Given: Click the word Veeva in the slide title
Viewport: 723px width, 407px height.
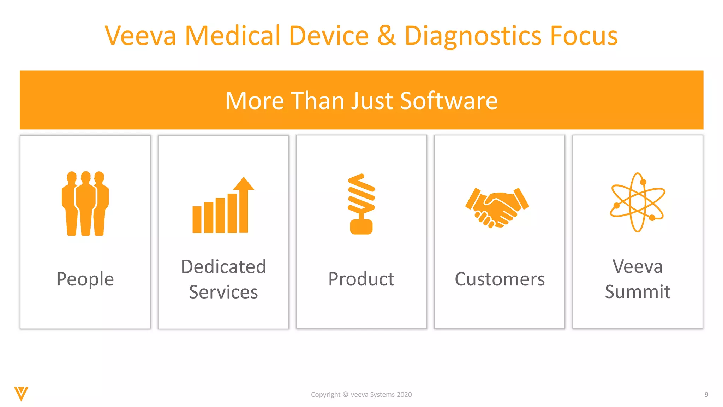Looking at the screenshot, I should click(141, 36).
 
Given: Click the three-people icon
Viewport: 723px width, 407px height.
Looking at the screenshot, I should click(85, 203).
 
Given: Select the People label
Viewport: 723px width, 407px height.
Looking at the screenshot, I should click(85, 279).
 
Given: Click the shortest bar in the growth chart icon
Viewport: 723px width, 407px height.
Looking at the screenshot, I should click(197, 219).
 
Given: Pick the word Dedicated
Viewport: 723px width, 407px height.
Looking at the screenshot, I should click(223, 266).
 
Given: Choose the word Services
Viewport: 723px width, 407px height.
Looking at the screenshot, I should click(223, 292).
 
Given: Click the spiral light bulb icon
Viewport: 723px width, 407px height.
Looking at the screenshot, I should click(361, 204).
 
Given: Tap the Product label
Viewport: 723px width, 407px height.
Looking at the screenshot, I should click(361, 279).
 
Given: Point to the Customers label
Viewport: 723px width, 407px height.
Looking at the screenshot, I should click(500, 279).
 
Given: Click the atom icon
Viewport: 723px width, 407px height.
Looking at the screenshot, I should click(638, 202).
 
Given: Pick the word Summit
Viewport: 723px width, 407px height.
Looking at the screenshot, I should click(638, 292).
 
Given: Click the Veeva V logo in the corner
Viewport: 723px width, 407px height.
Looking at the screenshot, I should click(21, 394).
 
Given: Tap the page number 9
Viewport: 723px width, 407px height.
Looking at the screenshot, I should click(706, 395).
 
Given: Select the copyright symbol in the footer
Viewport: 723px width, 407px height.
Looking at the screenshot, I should click(345, 395).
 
